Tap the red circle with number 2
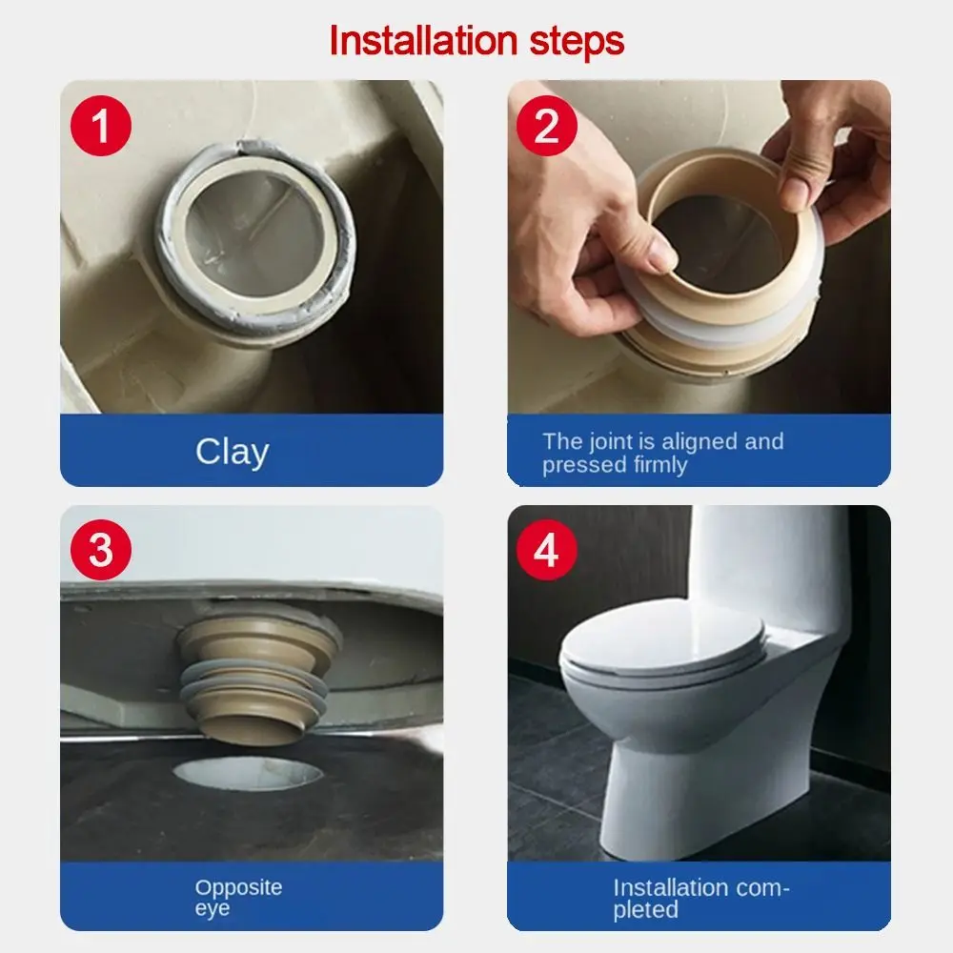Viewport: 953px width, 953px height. tap(546, 126)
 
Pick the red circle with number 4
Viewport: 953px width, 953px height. tap(546, 550)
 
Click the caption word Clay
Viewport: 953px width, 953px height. tap(232, 451)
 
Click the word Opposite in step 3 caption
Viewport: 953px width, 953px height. tap(238, 887)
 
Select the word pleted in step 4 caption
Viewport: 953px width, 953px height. tap(645, 910)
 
